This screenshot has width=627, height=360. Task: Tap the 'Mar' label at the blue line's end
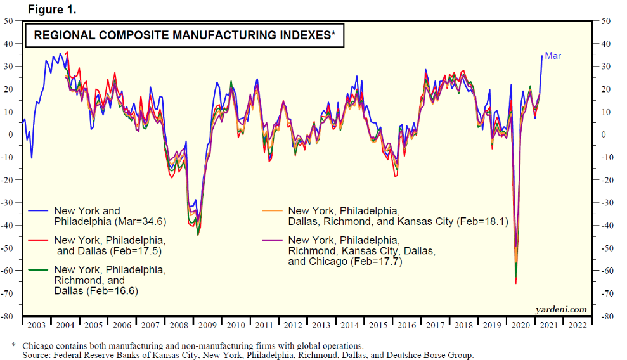click(x=553, y=56)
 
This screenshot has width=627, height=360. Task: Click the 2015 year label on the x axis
click(x=378, y=325)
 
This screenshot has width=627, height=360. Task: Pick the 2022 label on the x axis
click(x=578, y=325)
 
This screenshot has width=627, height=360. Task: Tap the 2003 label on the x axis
click(x=36, y=325)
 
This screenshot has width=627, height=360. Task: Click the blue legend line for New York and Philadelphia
click(x=39, y=211)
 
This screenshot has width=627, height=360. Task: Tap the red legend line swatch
click(x=39, y=240)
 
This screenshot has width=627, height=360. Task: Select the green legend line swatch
click(x=39, y=269)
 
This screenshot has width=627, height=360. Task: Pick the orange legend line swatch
click(x=273, y=211)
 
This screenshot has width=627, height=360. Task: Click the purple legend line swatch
click(x=273, y=240)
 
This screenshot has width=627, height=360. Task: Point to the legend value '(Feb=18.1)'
click(x=482, y=222)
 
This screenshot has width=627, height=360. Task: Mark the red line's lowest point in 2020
click(x=516, y=283)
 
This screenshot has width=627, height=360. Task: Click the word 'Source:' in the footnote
click(x=37, y=356)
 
